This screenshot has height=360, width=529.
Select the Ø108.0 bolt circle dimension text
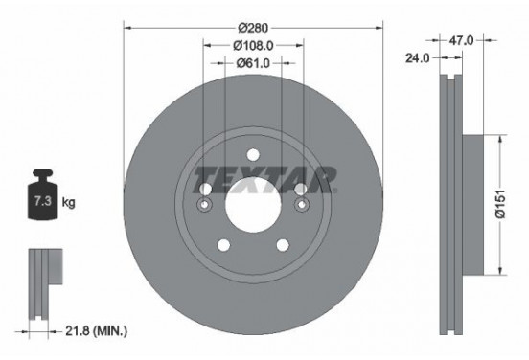click(x=254, y=44)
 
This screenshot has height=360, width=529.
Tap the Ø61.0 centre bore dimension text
click(x=254, y=63)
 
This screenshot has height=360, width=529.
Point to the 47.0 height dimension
click(x=463, y=40)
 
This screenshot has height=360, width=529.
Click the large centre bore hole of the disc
click(x=253, y=203)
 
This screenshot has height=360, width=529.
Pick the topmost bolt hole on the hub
click(x=253, y=156)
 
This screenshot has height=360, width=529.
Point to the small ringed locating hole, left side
click(x=204, y=205)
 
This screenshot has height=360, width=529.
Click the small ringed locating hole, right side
click(x=302, y=205)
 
